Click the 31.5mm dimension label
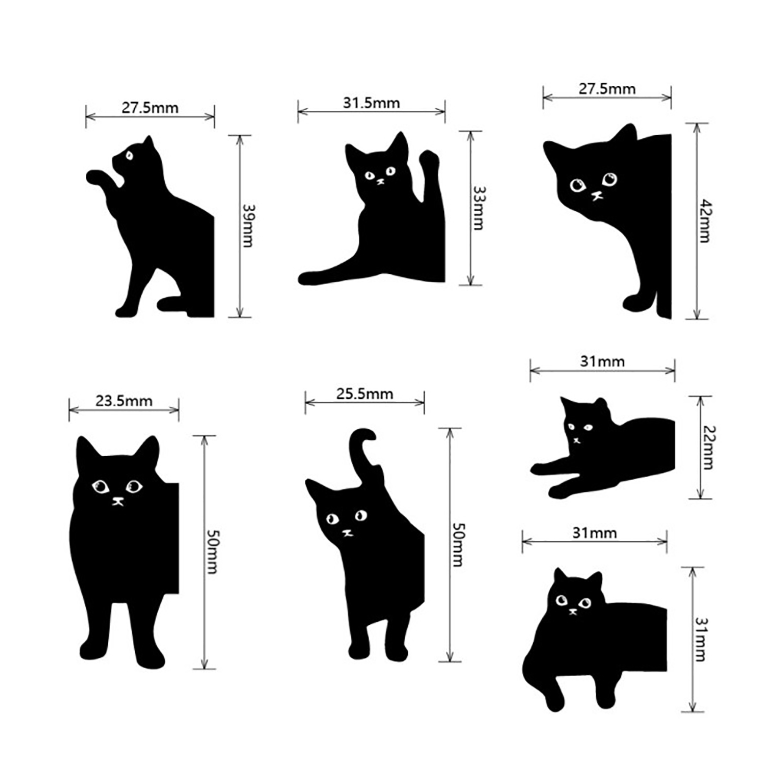[x=371, y=103]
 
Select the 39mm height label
[x=248, y=225]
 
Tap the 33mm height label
[x=478, y=208]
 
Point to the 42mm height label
[x=705, y=220]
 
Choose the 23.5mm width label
[x=124, y=401]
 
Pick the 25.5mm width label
[x=365, y=393]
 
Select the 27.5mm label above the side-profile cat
[x=150, y=108]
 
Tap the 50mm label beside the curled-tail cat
[x=457, y=545]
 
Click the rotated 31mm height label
[x=700, y=639]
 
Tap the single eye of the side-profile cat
[x=129, y=155]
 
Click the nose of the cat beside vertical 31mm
[x=572, y=611]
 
